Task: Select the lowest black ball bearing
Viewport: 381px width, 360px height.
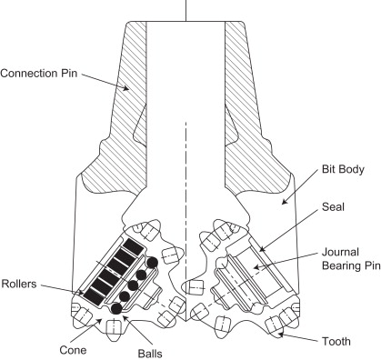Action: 115,310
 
